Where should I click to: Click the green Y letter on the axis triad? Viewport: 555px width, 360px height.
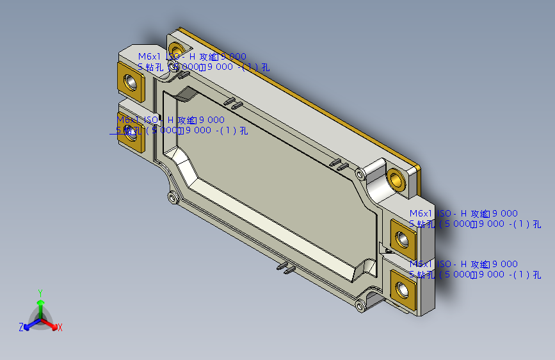(40, 291)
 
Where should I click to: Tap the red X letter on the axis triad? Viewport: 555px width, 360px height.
(60, 327)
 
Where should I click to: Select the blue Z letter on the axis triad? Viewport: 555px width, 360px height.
(21, 327)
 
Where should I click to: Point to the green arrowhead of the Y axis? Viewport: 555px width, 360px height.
(40, 302)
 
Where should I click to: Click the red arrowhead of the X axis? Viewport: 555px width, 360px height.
(54, 323)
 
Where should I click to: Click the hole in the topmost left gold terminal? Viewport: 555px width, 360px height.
(131, 82)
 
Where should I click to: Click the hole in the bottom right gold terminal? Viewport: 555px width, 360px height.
(403, 289)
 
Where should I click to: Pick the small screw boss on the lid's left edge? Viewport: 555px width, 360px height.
(171, 197)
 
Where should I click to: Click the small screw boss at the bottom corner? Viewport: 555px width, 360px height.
(361, 306)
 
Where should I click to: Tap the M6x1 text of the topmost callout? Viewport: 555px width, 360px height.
(150, 57)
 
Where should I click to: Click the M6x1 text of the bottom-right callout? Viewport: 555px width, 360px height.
(421, 265)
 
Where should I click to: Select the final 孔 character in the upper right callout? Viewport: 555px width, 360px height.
(536, 224)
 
